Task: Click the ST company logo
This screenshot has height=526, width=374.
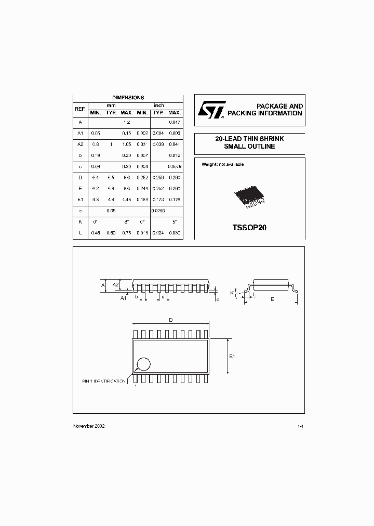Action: point(211,110)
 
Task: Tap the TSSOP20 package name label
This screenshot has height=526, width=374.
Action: point(249,228)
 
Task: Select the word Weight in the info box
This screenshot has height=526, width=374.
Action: point(209,164)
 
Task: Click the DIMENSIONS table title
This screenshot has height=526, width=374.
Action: point(128,98)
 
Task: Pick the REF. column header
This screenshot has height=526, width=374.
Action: point(80,109)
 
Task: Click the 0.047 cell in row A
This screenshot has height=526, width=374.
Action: point(175,122)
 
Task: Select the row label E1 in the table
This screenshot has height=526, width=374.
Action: point(80,199)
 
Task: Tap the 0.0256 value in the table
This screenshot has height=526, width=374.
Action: point(158,212)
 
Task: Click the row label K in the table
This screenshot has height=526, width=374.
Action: point(80,221)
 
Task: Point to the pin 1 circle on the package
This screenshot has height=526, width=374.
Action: point(144,364)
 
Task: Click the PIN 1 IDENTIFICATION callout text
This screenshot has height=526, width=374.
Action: point(104,381)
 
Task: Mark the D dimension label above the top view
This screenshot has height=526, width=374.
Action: point(170,320)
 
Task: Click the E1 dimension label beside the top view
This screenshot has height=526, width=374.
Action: point(232,356)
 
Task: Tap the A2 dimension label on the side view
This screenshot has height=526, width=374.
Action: point(116,284)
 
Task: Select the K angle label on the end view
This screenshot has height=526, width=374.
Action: point(232,293)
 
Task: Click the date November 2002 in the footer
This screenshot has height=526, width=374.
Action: point(89,426)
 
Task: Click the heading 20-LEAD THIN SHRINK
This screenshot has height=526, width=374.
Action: point(249,139)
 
